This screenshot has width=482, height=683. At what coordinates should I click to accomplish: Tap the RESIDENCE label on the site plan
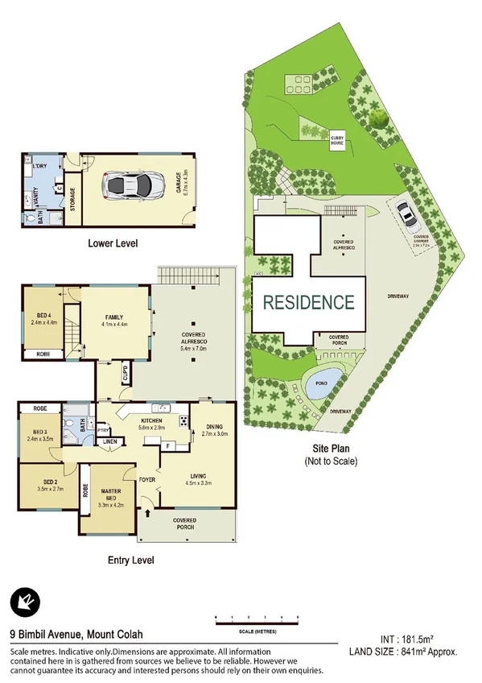tap(309, 303)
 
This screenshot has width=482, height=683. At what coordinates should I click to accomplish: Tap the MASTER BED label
tap(110, 495)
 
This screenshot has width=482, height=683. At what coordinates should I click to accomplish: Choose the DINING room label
tap(215, 428)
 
